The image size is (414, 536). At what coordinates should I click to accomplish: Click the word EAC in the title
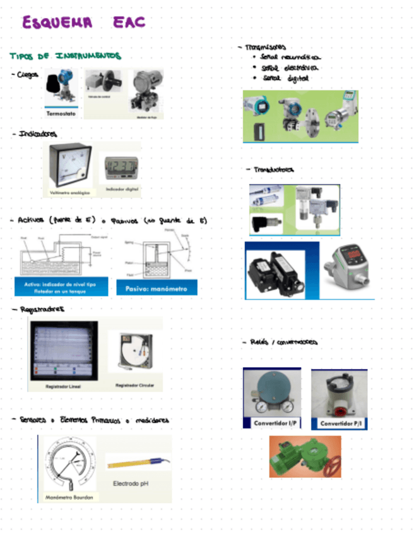(x=129, y=22)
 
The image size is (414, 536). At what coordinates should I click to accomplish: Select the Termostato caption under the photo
(x=61, y=114)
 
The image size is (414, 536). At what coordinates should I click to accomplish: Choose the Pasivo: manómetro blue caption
(x=157, y=288)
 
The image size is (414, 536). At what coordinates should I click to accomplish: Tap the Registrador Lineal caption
(x=64, y=385)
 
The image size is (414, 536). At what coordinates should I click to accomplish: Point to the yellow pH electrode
(x=135, y=463)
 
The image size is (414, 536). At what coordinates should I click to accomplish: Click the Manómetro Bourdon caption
(x=69, y=497)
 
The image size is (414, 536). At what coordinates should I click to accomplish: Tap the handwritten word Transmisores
(x=264, y=47)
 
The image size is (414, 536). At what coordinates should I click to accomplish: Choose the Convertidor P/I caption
(x=339, y=423)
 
